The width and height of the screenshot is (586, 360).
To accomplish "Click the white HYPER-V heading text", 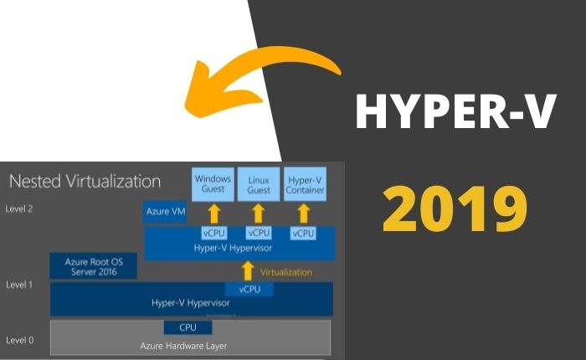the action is click(456, 111).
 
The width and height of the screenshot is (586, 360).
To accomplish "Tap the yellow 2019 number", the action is click(455, 209).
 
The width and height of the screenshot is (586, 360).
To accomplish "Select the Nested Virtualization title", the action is click(85, 182).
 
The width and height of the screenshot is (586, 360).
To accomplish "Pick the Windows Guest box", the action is click(213, 184).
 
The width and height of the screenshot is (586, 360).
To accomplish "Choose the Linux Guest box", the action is click(259, 184).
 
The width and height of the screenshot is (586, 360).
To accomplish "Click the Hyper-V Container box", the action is click(305, 184).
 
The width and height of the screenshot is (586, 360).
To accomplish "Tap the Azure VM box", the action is click(165, 212).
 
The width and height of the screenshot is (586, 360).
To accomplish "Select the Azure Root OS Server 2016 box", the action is click(94, 266).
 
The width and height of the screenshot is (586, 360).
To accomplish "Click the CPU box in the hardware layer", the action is click(188, 327).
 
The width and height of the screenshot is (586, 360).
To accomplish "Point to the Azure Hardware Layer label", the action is click(183, 346).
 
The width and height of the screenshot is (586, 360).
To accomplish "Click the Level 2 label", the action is click(19, 209).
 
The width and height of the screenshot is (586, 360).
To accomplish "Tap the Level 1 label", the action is click(19, 285).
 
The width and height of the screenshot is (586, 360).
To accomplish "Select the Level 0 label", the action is click(19, 340).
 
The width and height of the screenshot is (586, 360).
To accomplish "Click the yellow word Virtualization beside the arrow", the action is click(286, 272).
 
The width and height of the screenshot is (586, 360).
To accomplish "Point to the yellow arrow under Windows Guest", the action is click(214, 213).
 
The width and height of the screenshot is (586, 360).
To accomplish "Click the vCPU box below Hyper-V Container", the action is click(303, 234).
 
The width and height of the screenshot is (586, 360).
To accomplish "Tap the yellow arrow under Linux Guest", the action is click(258, 213).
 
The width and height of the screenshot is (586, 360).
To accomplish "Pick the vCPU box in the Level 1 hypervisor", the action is click(249, 289).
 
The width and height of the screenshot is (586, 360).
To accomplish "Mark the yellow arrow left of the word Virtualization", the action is click(248, 271).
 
